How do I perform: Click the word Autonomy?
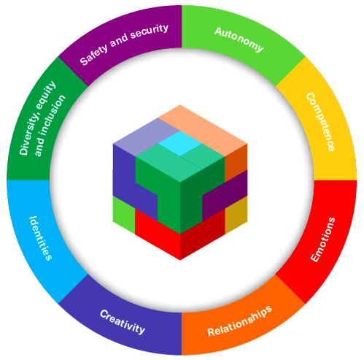click(x=239, y=39)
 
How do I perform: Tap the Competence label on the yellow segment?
click(x=320, y=122)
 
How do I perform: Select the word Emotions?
click(x=323, y=240)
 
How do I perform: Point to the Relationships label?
click(x=239, y=321)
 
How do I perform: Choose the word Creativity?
click(x=123, y=322)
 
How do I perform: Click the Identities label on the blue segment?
click(x=40, y=238)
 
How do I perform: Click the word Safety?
click(x=94, y=55)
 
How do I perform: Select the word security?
click(x=150, y=31)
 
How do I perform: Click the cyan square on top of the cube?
click(x=180, y=144)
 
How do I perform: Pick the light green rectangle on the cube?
click(x=124, y=215)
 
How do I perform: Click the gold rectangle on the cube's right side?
click(x=236, y=215)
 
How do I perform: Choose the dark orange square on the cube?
click(x=236, y=163)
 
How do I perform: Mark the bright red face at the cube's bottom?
click(x=158, y=234)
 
